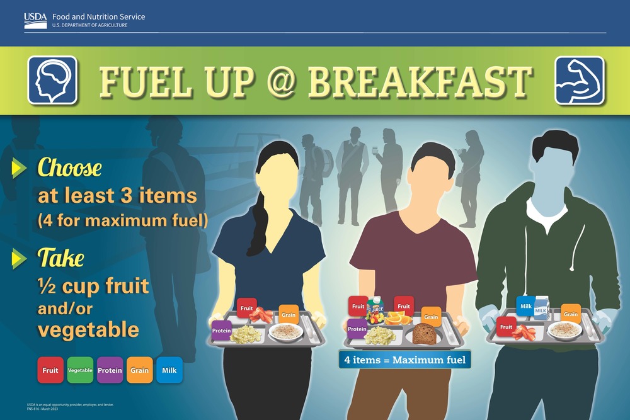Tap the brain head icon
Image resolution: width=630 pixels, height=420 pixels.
[52, 81]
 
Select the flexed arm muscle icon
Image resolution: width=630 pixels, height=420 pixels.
[579, 81]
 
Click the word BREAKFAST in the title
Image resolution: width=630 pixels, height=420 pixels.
[419, 81]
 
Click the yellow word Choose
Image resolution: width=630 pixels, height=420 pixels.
[69, 168]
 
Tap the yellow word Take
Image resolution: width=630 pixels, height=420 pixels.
[60, 258]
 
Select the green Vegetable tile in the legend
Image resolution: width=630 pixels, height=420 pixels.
[80, 370]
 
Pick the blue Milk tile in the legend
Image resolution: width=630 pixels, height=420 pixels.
[169, 370]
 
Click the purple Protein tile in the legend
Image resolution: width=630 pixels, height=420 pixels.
[110, 370]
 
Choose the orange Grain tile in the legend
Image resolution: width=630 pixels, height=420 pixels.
[139, 370]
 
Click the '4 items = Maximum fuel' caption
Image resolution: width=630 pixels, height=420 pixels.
[404, 360]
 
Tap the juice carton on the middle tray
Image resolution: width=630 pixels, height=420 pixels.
[375, 309]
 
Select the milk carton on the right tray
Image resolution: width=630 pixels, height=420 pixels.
[541, 309]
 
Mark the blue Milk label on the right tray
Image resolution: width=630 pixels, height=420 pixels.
[525, 306]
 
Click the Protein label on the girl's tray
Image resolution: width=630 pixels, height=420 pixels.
[221, 331]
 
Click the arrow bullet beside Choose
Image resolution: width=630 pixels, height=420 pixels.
[20, 167]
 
